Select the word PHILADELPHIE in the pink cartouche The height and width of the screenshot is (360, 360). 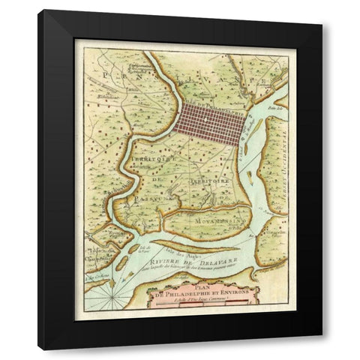click(190, 293)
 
